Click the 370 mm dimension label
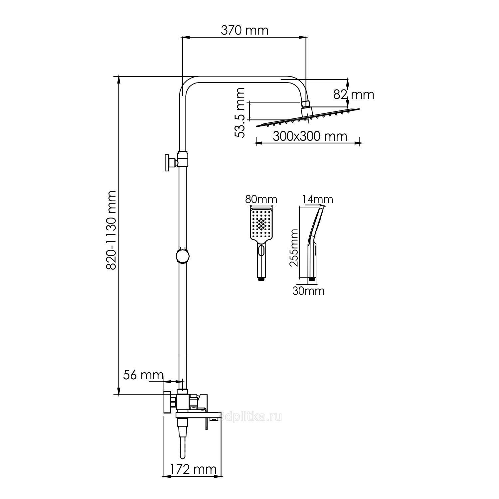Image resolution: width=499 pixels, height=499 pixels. (x=245, y=30)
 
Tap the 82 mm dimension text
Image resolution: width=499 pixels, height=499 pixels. (x=354, y=95)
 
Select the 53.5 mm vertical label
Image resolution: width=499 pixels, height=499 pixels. (x=240, y=112)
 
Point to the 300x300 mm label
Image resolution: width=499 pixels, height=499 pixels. (x=310, y=136)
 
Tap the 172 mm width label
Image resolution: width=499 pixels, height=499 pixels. (x=193, y=469)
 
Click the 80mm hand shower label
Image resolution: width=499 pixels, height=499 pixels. (x=261, y=199)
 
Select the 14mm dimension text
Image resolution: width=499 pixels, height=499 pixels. (x=317, y=199)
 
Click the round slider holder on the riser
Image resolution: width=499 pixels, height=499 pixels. (x=182, y=256)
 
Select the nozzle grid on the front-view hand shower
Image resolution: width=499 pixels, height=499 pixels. (x=261, y=223)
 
